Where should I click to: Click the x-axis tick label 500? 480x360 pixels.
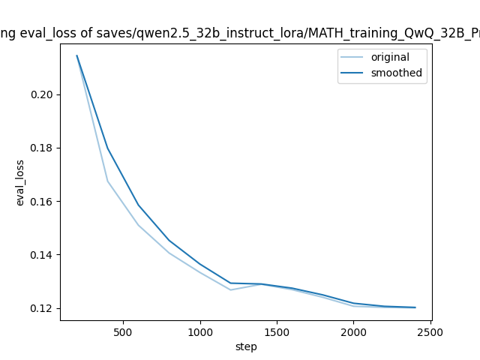tap(123, 332)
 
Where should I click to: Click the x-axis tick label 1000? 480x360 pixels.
tap(199, 332)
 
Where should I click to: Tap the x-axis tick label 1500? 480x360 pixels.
tap(277, 332)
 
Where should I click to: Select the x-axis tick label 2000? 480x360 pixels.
tap(353, 332)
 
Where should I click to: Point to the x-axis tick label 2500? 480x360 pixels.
tap(430, 332)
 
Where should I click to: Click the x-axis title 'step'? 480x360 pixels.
tap(246, 346)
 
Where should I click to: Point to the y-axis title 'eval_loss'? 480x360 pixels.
tap(20, 183)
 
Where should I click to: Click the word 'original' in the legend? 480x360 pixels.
tap(390, 58)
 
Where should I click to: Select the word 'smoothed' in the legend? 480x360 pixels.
tap(397, 73)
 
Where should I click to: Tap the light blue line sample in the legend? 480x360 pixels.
tap(354, 58)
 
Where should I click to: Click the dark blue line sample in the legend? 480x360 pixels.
tap(354, 73)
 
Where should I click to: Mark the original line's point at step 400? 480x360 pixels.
tap(107, 181)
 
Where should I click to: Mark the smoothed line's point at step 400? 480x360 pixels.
tap(107, 148)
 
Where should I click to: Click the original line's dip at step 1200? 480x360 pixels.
tap(230, 289)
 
